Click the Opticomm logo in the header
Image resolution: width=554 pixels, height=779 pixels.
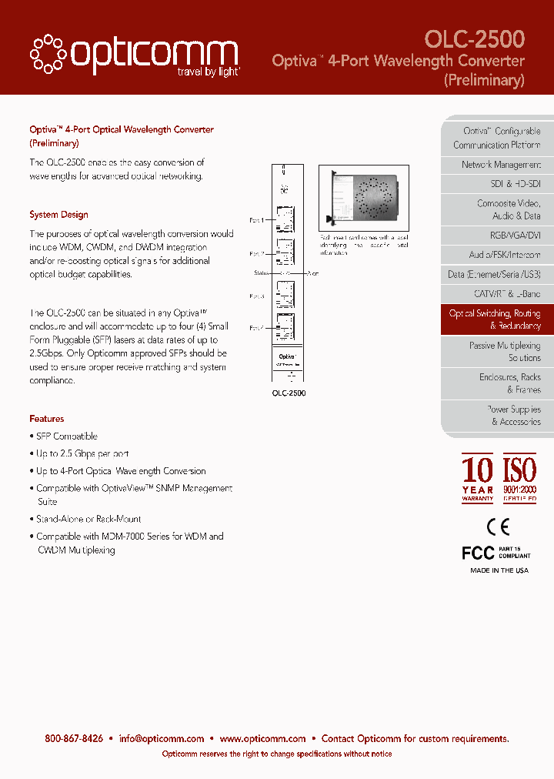click(135, 54)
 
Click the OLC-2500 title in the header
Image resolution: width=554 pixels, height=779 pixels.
click(475, 39)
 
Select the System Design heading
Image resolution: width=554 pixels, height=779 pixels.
click(58, 215)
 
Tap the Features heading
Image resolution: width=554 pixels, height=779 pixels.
click(47, 419)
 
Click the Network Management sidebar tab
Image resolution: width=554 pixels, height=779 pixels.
click(501, 165)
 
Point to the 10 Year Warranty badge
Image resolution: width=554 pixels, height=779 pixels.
click(477, 478)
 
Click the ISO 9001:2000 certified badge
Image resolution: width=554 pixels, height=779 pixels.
click(519, 478)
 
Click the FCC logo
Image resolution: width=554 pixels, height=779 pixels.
click(478, 553)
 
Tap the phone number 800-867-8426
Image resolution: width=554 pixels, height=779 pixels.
click(74, 738)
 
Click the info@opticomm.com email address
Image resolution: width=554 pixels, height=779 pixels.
click(162, 738)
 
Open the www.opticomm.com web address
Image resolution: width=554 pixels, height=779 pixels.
click(262, 738)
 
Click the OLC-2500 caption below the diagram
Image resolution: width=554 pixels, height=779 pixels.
click(289, 393)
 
